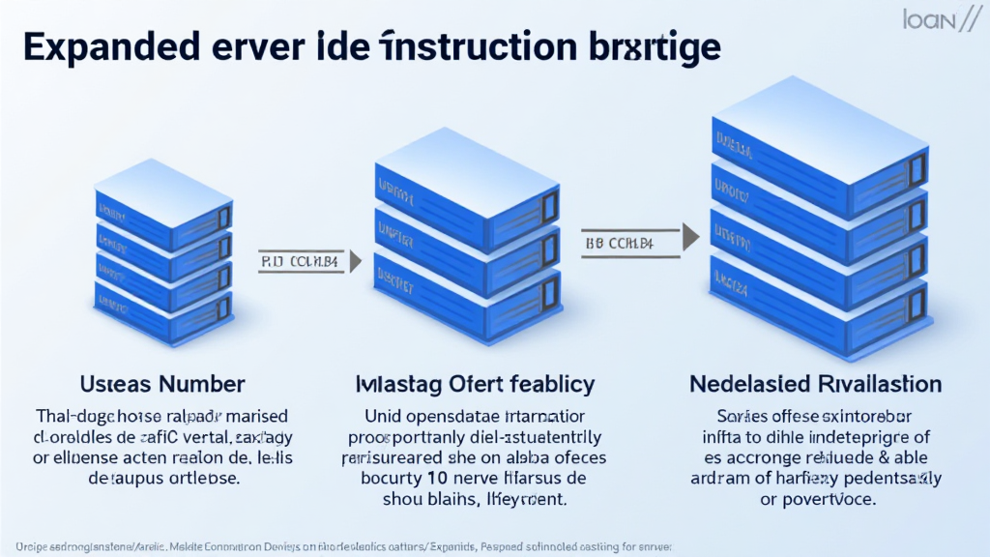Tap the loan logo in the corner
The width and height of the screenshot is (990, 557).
(x=927, y=21)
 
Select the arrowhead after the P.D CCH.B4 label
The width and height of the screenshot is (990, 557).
(x=354, y=259)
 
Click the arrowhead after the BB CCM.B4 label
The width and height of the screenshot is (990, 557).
(x=689, y=235)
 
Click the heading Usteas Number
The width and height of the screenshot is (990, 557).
(x=161, y=384)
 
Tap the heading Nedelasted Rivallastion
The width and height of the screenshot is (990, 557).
(x=815, y=384)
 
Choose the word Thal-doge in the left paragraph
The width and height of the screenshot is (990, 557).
(x=72, y=417)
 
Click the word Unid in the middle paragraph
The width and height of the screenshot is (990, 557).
(x=383, y=417)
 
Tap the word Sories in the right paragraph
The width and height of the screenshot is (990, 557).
(x=732, y=417)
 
